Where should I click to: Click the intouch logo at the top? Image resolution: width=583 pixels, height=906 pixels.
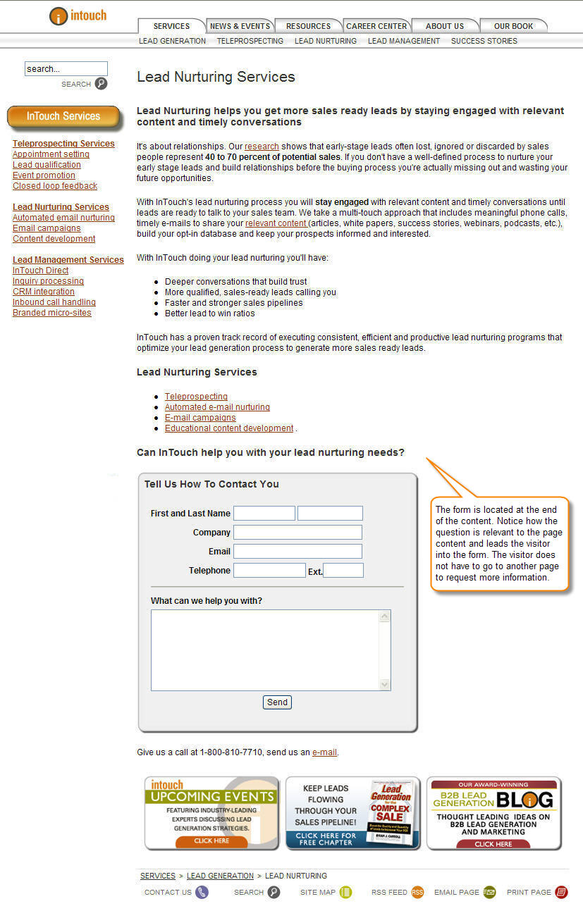78,15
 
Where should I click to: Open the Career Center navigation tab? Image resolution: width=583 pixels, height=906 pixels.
376,26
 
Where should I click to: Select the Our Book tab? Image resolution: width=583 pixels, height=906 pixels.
513,26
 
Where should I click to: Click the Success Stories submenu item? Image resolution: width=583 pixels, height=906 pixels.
484,41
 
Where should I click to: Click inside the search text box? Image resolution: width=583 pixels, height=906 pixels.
66,68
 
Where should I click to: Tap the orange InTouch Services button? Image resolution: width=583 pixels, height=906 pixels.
63,116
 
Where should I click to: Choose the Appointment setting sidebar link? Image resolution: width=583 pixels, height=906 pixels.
51,154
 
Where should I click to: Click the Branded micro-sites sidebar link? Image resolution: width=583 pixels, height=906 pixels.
51,313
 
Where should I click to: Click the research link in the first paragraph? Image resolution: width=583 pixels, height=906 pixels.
262,147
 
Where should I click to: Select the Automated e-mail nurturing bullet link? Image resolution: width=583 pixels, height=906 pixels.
217,407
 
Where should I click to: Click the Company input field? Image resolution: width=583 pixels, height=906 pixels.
297,533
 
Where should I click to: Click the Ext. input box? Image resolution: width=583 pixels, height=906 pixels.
343,571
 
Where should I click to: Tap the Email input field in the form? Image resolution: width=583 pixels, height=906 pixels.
297,552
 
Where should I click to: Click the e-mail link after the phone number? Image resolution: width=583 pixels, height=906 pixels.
324,752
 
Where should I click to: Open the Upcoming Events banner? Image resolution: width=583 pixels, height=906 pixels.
211,813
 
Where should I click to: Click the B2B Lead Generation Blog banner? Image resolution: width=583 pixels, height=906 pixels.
493,813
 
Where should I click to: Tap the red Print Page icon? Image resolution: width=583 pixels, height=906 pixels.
561,892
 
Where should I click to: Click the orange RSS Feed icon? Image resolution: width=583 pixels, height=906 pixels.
417,892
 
